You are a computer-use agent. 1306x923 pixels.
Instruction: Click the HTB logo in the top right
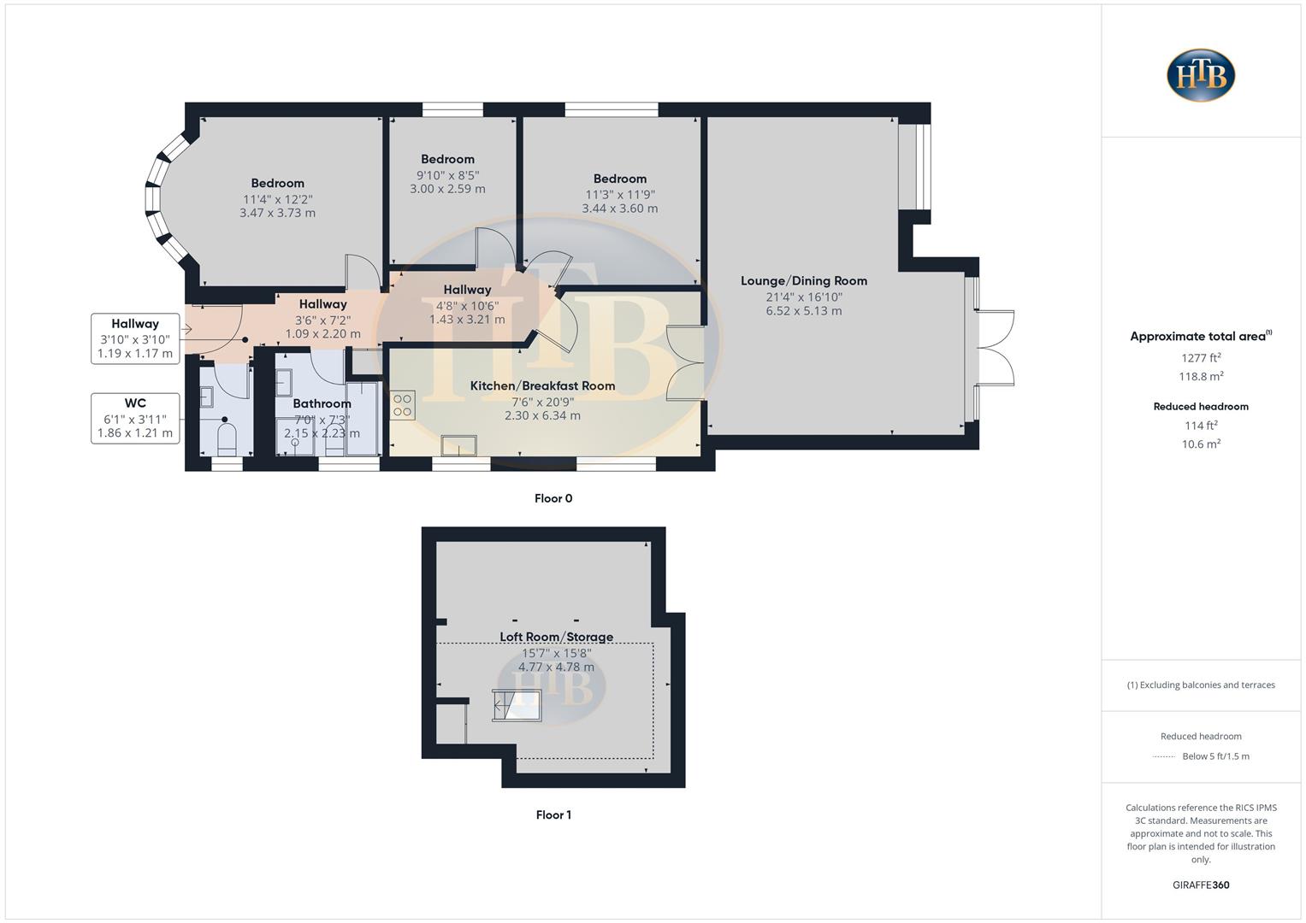click(1201, 75)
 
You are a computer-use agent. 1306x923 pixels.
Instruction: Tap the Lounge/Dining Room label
click(803, 280)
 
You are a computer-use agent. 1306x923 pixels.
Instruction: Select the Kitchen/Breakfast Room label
click(542, 385)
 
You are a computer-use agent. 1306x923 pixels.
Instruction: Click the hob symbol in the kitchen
click(403, 405)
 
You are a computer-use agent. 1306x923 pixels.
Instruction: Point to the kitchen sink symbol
click(459, 445)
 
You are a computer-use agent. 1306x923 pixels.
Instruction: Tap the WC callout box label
click(135, 403)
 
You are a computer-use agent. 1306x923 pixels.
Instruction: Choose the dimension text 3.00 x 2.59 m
click(447, 189)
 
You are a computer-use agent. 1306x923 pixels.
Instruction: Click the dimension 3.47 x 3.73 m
click(277, 213)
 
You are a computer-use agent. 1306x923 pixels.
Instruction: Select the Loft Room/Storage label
click(556, 637)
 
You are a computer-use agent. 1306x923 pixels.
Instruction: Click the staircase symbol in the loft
click(517, 705)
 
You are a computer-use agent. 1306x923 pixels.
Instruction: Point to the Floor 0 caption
click(553, 498)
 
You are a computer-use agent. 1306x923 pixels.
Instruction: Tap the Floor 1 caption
click(553, 814)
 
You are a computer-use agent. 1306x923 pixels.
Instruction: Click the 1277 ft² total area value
click(1201, 358)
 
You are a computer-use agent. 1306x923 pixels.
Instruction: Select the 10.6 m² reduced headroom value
click(1201, 444)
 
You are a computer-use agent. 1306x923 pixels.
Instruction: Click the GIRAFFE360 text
click(1201, 885)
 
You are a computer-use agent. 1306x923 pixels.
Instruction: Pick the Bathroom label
click(322, 403)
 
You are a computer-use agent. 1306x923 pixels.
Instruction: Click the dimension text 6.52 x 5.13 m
click(803, 311)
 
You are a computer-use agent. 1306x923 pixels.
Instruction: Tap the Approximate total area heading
click(1200, 336)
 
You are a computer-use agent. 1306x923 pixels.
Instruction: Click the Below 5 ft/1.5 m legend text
click(1215, 756)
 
